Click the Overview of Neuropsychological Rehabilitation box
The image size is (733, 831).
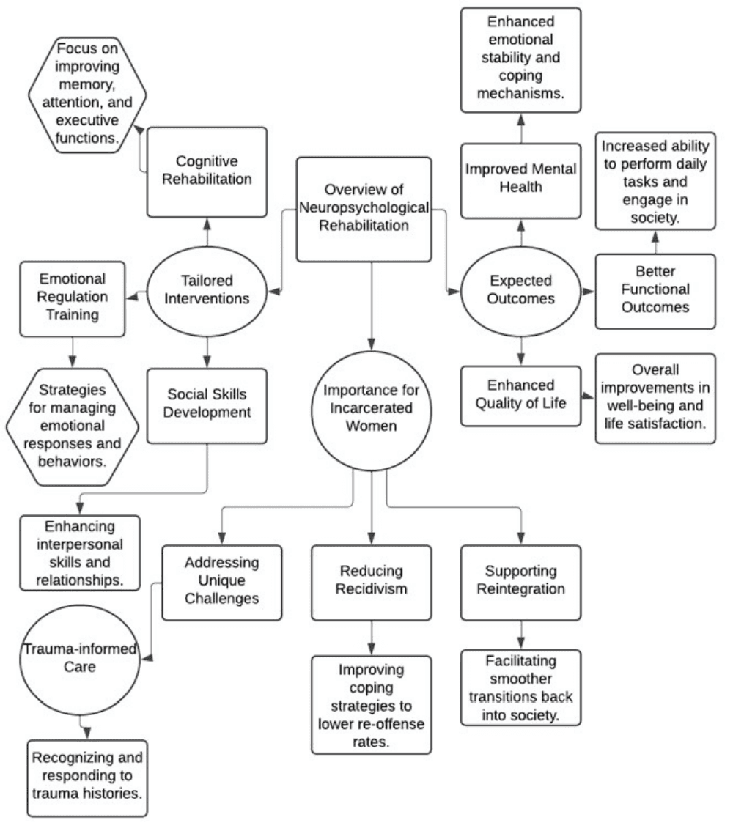click(x=364, y=209)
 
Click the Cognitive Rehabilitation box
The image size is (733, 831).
click(x=207, y=171)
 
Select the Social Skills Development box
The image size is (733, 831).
click(x=207, y=405)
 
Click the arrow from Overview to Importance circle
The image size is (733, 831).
click(x=372, y=308)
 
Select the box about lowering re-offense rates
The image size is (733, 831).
click(x=372, y=704)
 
